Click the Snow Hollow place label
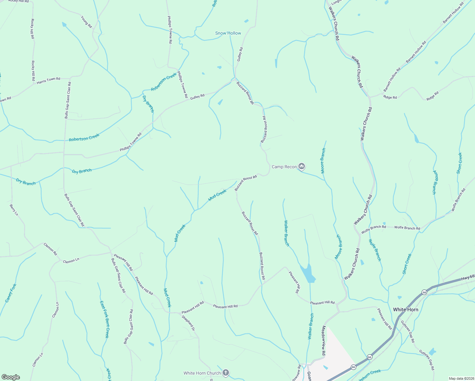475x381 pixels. [x=228, y=33]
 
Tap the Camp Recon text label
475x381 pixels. [x=284, y=167]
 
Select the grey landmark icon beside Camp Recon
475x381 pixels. [x=302, y=166]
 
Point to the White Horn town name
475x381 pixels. [x=405, y=310]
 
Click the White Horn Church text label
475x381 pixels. [x=202, y=373]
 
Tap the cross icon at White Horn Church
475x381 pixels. [x=225, y=373]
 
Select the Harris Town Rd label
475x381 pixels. [x=48, y=81]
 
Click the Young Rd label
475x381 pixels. [x=86, y=22]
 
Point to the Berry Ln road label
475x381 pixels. [x=14, y=210]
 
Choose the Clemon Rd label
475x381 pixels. [x=50, y=249]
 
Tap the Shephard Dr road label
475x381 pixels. [x=188, y=323]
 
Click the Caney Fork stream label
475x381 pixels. [x=10, y=293]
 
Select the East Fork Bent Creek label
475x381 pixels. [x=104, y=319]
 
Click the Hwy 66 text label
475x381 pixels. [x=467, y=278]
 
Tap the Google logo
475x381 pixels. [x=11, y=377]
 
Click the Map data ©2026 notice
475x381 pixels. [x=461, y=378]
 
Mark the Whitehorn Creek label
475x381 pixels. [x=368, y=375]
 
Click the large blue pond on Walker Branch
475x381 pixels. [x=308, y=274]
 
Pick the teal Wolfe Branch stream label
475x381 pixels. [x=375, y=250]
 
